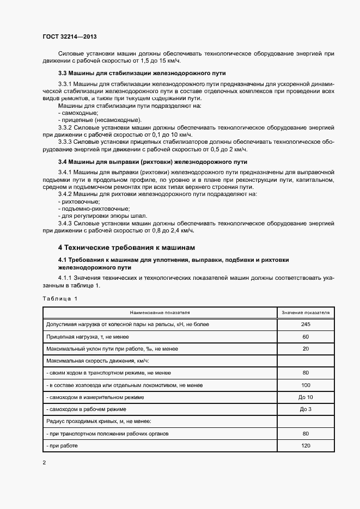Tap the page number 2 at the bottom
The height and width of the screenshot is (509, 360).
(x=45, y=463)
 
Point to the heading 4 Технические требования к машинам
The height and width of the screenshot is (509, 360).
(x=126, y=247)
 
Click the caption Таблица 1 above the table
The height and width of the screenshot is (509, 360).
(x=60, y=298)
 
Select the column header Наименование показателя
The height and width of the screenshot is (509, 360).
(x=160, y=312)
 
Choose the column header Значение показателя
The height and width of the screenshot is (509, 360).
(x=306, y=312)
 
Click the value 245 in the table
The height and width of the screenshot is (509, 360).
(x=306, y=324)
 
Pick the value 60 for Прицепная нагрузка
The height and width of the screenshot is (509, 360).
(x=306, y=336)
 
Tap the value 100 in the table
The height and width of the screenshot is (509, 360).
(x=306, y=385)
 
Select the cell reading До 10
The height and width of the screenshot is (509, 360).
(x=306, y=397)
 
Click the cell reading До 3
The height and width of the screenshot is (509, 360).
(x=306, y=409)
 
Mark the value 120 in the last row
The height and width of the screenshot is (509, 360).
(x=306, y=446)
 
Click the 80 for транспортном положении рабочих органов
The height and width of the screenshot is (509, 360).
(x=306, y=434)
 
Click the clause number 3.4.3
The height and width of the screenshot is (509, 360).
(x=66, y=223)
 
